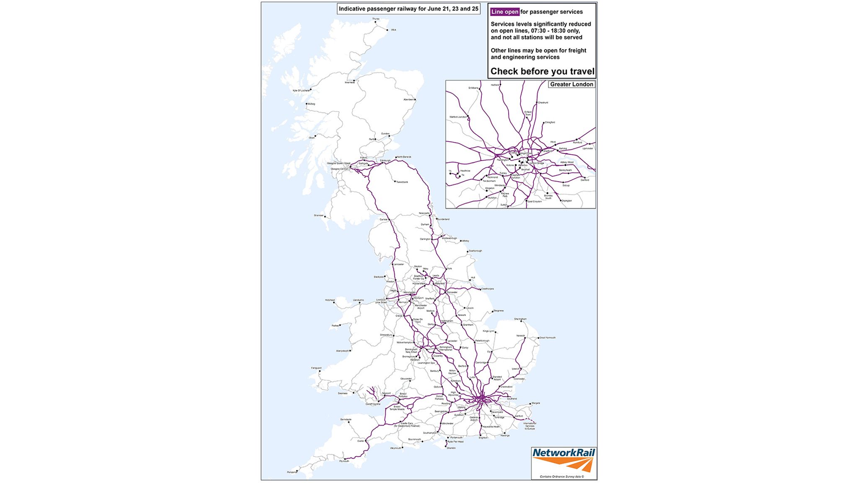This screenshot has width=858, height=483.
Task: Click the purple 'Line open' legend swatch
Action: tap(505, 12)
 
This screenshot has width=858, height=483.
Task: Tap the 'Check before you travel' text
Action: tap(542, 71)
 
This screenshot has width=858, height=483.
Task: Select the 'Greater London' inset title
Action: tap(571, 84)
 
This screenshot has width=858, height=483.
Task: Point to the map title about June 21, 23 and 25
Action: tap(408, 9)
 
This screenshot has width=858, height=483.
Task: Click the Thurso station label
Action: tap(376, 19)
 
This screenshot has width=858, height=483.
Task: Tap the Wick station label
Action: tap(393, 30)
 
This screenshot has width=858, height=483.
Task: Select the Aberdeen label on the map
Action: tap(408, 100)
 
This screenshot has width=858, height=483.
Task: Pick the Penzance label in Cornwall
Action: tap(292, 473)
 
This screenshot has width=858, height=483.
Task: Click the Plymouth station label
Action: tap(344, 461)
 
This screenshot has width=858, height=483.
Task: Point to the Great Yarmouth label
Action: tap(548, 338)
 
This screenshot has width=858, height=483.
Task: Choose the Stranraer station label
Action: tap(318, 216)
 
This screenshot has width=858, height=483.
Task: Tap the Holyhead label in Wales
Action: tap(330, 300)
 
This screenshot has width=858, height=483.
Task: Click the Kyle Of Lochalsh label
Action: tap(301, 91)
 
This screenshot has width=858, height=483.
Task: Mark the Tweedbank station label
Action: tap(402, 182)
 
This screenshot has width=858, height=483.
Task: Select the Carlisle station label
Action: tap(383, 219)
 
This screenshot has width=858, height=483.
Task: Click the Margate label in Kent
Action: tap(536, 403)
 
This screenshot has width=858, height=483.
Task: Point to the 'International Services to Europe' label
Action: tap(530, 426)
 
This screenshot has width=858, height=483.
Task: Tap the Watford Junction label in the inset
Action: tap(458, 117)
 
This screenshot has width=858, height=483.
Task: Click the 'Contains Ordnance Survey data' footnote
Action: tap(561, 477)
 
